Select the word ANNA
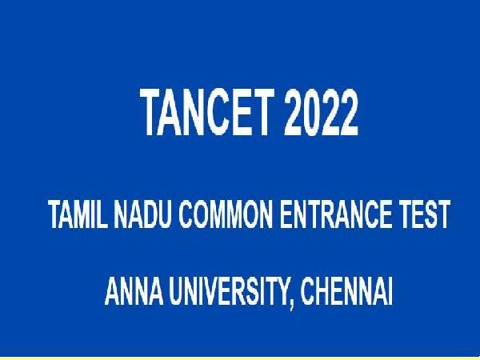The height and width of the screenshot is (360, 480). pyautogui.click(x=128, y=294)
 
